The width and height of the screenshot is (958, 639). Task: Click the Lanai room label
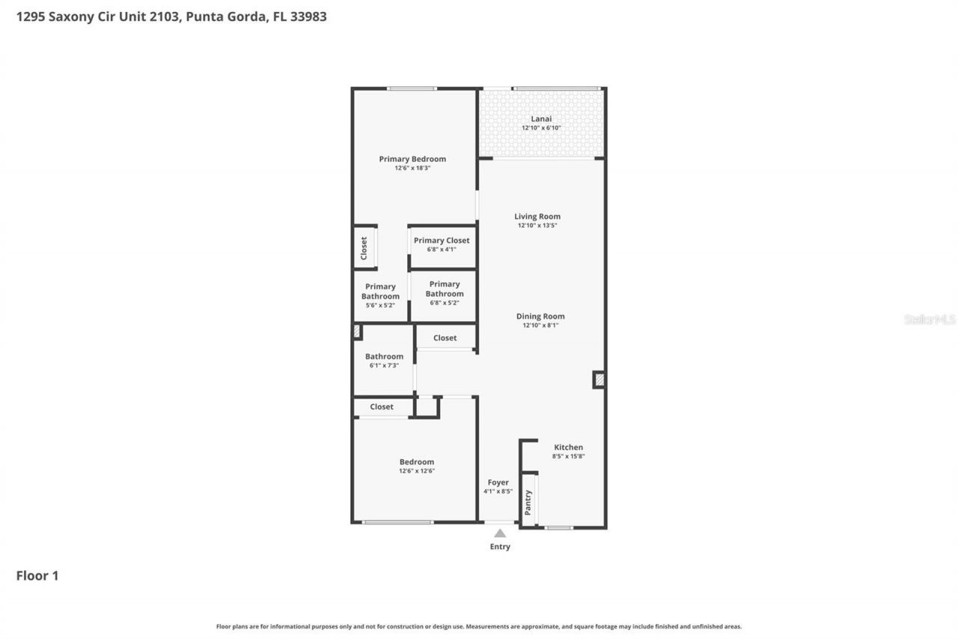[x=541, y=119]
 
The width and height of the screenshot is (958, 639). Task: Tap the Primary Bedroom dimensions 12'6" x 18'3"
[x=412, y=169]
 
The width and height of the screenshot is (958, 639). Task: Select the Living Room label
[x=537, y=216]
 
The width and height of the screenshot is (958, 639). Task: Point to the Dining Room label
[x=540, y=316]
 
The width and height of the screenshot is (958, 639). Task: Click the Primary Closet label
[x=442, y=240]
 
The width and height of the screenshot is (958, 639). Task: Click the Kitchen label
[x=568, y=447]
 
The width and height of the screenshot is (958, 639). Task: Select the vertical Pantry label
[x=528, y=501]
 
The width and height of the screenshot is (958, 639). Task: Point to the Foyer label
[x=498, y=482]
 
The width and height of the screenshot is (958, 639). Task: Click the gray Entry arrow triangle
[x=500, y=533]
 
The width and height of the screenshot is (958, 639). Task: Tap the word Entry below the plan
[x=500, y=547]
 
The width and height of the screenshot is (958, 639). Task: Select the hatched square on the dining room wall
[x=599, y=380]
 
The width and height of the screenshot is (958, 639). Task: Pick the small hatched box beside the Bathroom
[x=357, y=331]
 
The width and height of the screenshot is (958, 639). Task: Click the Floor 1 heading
[x=37, y=575]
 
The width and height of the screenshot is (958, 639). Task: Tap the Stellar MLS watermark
[x=930, y=319]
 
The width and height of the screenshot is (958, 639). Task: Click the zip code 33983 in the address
[x=307, y=16]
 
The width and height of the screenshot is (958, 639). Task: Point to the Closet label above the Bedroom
[x=382, y=407]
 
